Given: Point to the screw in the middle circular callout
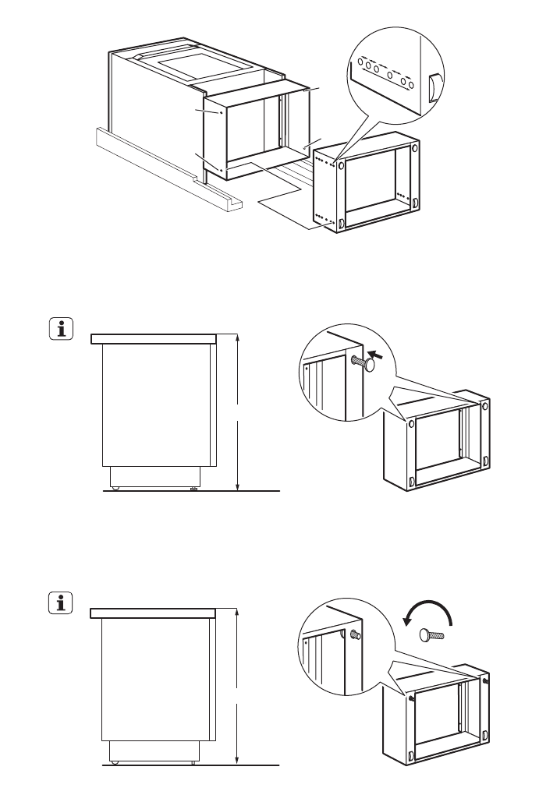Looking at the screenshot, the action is pos(363,362).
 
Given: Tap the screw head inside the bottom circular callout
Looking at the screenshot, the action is pos(355,634).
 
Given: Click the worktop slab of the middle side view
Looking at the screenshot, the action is pos(153,338).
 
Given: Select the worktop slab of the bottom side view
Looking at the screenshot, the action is pos(153,613).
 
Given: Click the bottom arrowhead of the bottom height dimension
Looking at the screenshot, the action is pos(239,761).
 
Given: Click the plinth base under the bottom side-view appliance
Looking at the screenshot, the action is pos(154,750).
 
